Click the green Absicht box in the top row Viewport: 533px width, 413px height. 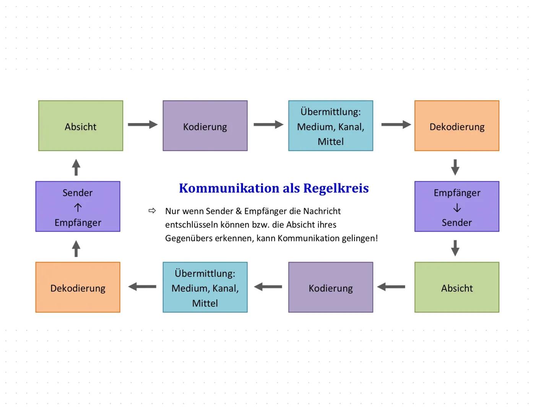(x=81, y=126)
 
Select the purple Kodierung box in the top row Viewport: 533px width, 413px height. (x=205, y=126)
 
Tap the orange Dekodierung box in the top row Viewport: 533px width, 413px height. (x=457, y=126)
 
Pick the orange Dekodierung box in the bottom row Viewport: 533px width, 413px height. (x=78, y=287)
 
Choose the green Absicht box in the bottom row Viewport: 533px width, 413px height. (x=457, y=287)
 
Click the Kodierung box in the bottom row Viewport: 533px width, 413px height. (x=330, y=287)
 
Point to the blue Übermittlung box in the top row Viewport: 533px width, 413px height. (x=330, y=126)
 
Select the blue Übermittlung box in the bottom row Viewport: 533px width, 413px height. (x=205, y=287)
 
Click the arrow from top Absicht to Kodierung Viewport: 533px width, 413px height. (x=143, y=125)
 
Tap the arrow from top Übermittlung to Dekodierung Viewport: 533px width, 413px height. (x=396, y=125)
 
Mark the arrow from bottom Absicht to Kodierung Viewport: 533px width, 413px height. (x=391, y=287)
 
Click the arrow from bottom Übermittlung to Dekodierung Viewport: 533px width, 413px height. (x=142, y=287)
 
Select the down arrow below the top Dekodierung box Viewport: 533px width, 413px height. (x=455, y=167)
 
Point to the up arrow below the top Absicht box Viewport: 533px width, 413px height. (x=76, y=167)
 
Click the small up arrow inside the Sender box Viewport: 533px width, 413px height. (x=78, y=208)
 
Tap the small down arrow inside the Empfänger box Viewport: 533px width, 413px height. (x=457, y=208)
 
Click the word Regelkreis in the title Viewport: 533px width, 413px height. (x=336, y=188)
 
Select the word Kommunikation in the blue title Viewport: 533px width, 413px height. (x=229, y=188)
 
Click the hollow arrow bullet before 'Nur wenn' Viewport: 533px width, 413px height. (x=152, y=211)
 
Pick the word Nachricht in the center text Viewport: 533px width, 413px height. (x=322, y=211)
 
